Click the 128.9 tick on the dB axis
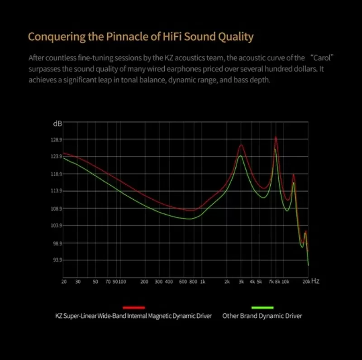pyautogui.click(x=56, y=139)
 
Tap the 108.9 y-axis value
pyautogui.click(x=56, y=209)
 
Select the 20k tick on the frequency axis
pyautogui.click(x=306, y=282)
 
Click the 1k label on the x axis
pyautogui.click(x=202, y=282)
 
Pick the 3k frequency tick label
pyautogui.click(x=241, y=282)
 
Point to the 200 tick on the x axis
pyautogui.click(x=144, y=282)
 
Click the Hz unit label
pyautogui.click(x=315, y=281)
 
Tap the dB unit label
pyautogui.click(x=57, y=123)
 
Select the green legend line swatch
pyautogui.click(x=262, y=307)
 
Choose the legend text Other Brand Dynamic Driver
pyautogui.click(x=262, y=316)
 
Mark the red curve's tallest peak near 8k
pyautogui.click(x=276, y=138)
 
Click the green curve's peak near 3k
pyautogui.click(x=241, y=156)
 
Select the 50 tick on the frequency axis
pyautogui.click(x=95, y=282)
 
